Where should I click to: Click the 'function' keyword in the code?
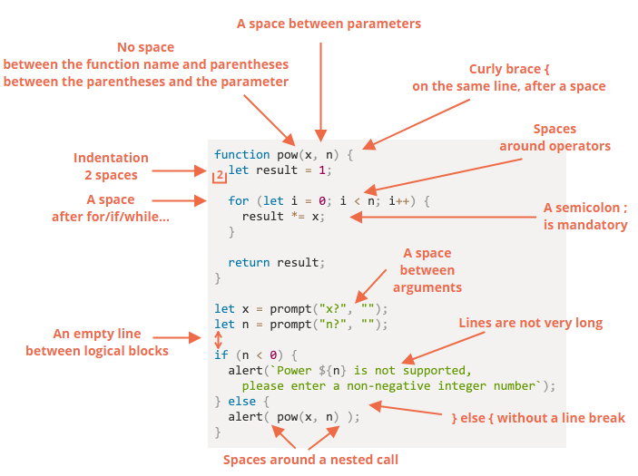[241, 154]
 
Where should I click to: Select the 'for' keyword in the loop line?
[238, 200]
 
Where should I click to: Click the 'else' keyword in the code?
[241, 401]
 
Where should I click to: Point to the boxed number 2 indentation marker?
[219, 175]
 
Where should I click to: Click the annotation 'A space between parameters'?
[329, 24]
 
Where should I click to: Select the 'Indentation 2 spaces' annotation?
[111, 166]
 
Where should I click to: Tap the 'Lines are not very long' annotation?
[530, 322]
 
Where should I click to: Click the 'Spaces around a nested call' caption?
[310, 460]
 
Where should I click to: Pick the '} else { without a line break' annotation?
[538, 418]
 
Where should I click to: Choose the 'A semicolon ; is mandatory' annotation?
[585, 216]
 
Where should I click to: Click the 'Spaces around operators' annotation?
[555, 138]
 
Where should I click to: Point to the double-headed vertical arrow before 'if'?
[218, 340]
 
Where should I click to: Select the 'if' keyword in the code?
[221, 355]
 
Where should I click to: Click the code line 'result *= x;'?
[282, 216]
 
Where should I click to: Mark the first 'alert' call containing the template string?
[245, 370]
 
